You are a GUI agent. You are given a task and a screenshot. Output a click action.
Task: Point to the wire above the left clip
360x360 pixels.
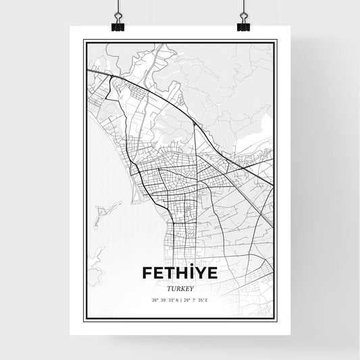point(116,7)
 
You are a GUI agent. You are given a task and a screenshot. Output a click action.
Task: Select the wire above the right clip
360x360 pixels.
point(243,7)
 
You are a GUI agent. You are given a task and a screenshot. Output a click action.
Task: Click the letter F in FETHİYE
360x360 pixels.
point(148,273)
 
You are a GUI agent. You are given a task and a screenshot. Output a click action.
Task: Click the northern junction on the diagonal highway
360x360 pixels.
point(195,123)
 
